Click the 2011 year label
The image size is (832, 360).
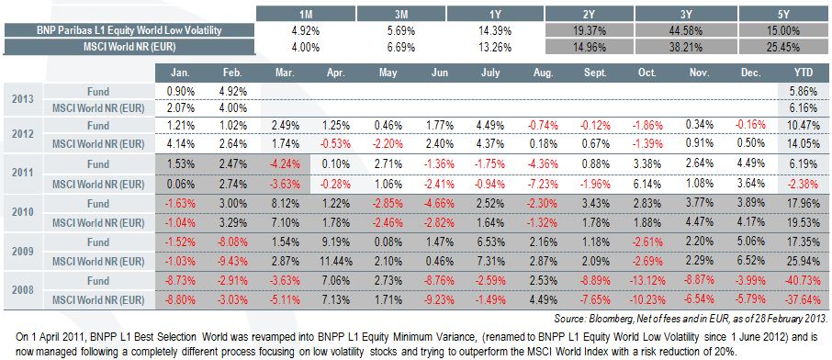pyautogui.click(x=23, y=173)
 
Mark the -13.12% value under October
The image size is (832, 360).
pyautogui.click(x=646, y=281)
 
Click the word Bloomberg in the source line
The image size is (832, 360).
pyautogui.click(x=605, y=319)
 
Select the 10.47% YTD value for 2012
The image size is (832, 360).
pyautogui.click(x=807, y=126)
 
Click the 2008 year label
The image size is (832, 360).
pyautogui.click(x=23, y=290)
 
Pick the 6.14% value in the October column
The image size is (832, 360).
pyautogui.click(x=646, y=185)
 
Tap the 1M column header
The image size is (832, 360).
pyautogui.click(x=305, y=14)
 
